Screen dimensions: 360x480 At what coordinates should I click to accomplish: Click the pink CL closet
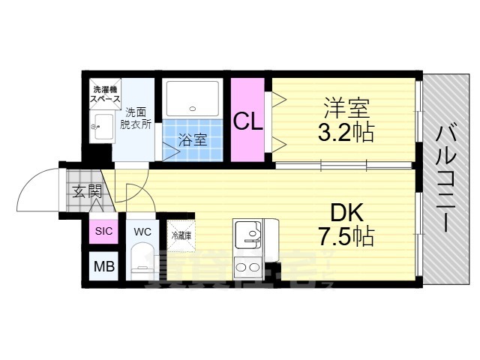pyautogui.click(x=247, y=120)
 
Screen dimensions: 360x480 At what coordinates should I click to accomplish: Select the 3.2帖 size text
pyautogui.click(x=346, y=133)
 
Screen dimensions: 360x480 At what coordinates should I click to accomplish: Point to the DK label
pyautogui.click(x=346, y=211)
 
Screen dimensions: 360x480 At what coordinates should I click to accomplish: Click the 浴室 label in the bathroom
pyautogui.click(x=193, y=138)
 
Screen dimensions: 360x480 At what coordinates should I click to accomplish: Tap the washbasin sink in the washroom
pyautogui.click(x=101, y=127)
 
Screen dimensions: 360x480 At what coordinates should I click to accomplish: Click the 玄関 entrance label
pyautogui.click(x=87, y=191)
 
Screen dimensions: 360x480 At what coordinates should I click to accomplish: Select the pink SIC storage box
pyautogui.click(x=103, y=231)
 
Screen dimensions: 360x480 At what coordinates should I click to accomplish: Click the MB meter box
pyautogui.click(x=102, y=265)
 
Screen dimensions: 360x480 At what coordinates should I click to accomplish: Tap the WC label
pyautogui.click(x=142, y=231)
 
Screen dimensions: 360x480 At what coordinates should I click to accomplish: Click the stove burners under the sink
pyautogui.click(x=245, y=265)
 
